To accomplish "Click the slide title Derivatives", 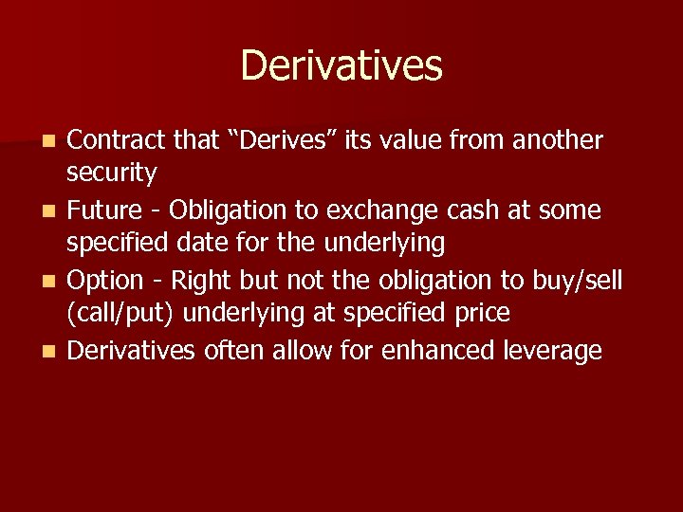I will pyautogui.click(x=341, y=65).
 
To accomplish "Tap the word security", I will pyautogui.click(x=111, y=174).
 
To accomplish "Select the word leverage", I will pyautogui.click(x=554, y=351).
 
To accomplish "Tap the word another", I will pyautogui.click(x=557, y=140).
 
